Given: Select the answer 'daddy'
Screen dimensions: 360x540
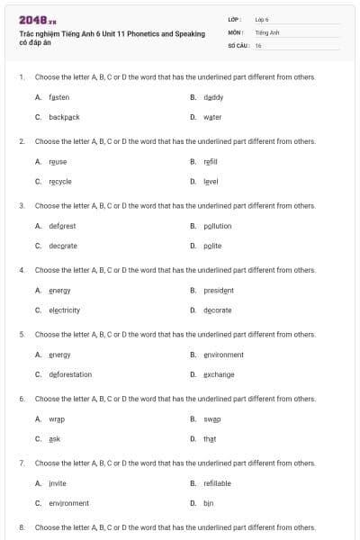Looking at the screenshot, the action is pyautogui.click(x=213, y=96).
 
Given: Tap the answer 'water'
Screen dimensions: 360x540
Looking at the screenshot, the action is pyautogui.click(x=212, y=117).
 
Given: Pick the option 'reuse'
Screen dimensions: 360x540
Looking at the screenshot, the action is pyautogui.click(x=58, y=161).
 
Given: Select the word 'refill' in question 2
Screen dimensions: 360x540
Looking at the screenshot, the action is pyautogui.click(x=211, y=161).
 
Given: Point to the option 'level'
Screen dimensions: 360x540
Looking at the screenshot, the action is pyautogui.click(x=211, y=181).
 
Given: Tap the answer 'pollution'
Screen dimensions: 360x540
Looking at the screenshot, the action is pyautogui.click(x=217, y=226).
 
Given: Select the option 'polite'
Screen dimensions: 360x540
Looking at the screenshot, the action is pyautogui.click(x=212, y=246).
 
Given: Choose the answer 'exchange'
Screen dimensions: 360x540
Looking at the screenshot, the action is pyautogui.click(x=218, y=374).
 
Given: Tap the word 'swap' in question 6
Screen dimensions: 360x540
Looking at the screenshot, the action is pyautogui.click(x=211, y=419).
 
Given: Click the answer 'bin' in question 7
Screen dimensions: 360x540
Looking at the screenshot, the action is pyautogui.click(x=209, y=503).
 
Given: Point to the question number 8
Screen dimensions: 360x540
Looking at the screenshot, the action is pyautogui.click(x=22, y=526).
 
